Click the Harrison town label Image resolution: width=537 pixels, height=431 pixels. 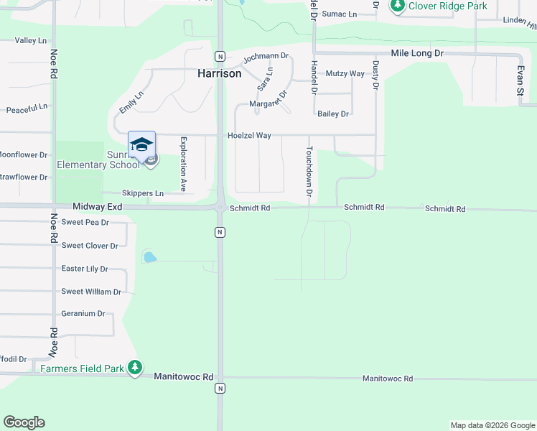[219, 73]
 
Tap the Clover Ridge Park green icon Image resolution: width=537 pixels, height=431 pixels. [398, 6]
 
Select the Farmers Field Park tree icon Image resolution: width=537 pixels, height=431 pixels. [135, 369]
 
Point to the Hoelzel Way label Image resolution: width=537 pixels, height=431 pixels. [249, 135]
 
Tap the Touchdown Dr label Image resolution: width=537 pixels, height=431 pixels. [309, 172]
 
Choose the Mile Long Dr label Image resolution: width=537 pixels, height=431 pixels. [417, 53]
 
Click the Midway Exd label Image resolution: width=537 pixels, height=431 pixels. [98, 207]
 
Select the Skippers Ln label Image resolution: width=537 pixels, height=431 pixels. [143, 193]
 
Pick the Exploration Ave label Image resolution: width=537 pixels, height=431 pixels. [183, 164]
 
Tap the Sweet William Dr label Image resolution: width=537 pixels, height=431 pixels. [91, 292]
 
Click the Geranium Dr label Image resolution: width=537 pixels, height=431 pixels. [83, 314]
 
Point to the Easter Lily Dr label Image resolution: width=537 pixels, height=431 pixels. [85, 269]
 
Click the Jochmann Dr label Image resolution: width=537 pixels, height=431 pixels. [266, 56]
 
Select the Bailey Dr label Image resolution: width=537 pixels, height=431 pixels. [333, 113]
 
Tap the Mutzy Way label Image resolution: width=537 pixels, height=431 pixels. [345, 73]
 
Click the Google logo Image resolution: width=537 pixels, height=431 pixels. [24, 422]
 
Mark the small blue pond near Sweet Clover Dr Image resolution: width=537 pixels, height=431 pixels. [149, 256]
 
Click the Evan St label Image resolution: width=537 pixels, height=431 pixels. [520, 81]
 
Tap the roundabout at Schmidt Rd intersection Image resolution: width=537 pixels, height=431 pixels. [220, 208]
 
